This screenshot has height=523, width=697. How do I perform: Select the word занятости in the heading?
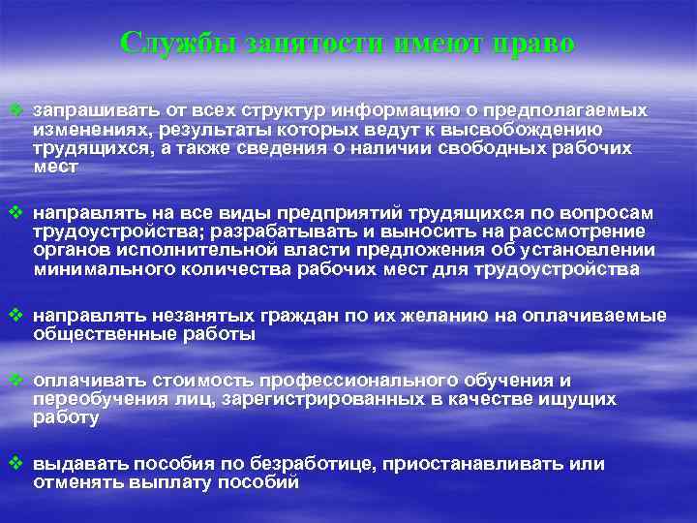[x=300, y=44]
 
